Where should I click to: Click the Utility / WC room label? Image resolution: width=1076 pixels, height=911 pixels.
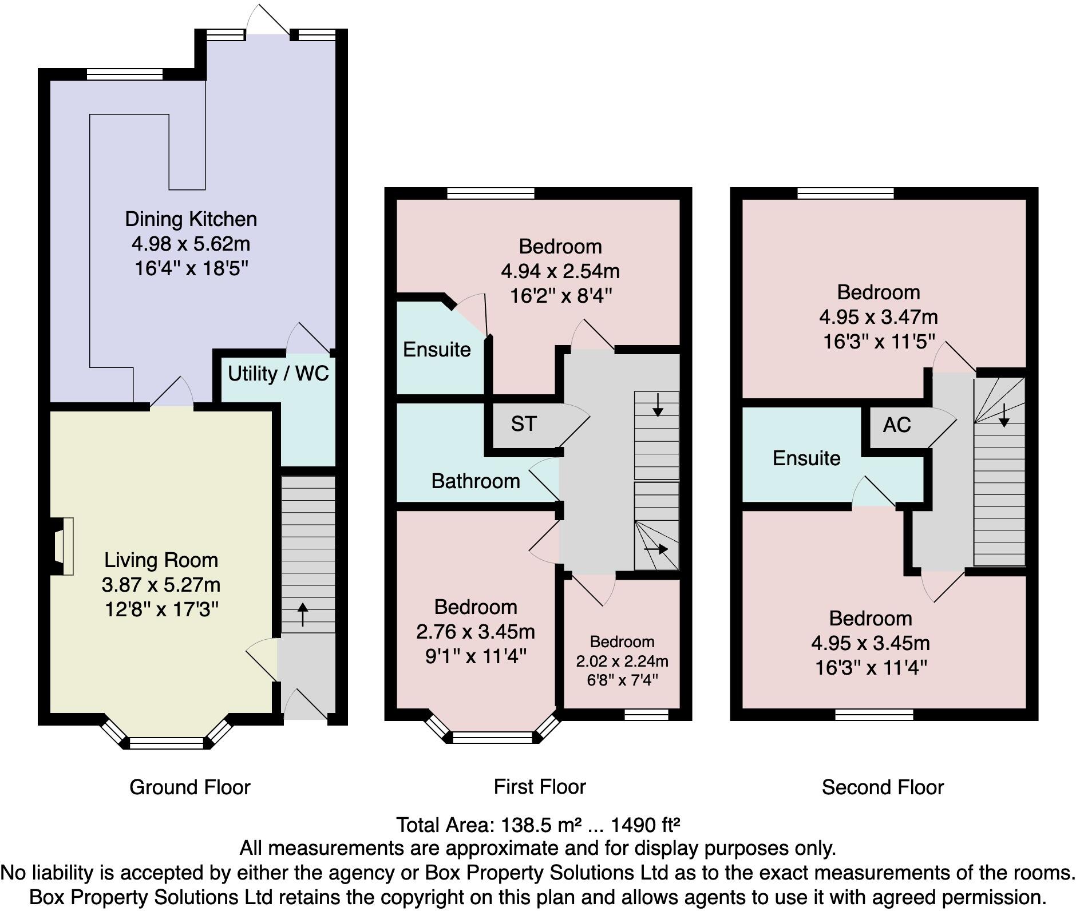[x=278, y=374]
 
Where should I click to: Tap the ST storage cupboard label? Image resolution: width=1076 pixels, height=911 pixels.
[x=524, y=424]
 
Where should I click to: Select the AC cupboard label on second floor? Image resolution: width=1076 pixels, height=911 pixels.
[x=896, y=425]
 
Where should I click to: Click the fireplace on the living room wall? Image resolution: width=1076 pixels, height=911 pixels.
[x=62, y=546]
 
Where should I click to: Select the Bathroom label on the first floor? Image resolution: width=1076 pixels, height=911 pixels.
[x=476, y=481]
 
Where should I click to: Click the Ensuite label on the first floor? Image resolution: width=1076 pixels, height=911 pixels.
[x=437, y=350]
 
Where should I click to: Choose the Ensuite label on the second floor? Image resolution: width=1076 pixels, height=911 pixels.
[x=806, y=458]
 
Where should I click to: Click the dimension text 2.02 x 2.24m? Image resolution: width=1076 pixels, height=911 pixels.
[x=622, y=662]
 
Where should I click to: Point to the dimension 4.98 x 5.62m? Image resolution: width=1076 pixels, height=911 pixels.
[x=191, y=244]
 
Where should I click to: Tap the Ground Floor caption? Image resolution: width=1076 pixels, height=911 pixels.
[x=190, y=787]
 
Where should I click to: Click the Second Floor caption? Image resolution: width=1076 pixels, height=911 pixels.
[x=883, y=787]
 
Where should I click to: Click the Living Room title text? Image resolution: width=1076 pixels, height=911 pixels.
[x=161, y=560]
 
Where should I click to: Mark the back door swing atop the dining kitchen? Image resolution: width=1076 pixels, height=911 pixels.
[x=267, y=21]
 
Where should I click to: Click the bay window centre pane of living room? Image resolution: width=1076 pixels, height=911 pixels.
[x=166, y=743]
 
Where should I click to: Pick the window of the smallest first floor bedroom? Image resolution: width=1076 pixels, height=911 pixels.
[x=646, y=714]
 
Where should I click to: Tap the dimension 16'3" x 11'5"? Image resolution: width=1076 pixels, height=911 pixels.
[x=879, y=342]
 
